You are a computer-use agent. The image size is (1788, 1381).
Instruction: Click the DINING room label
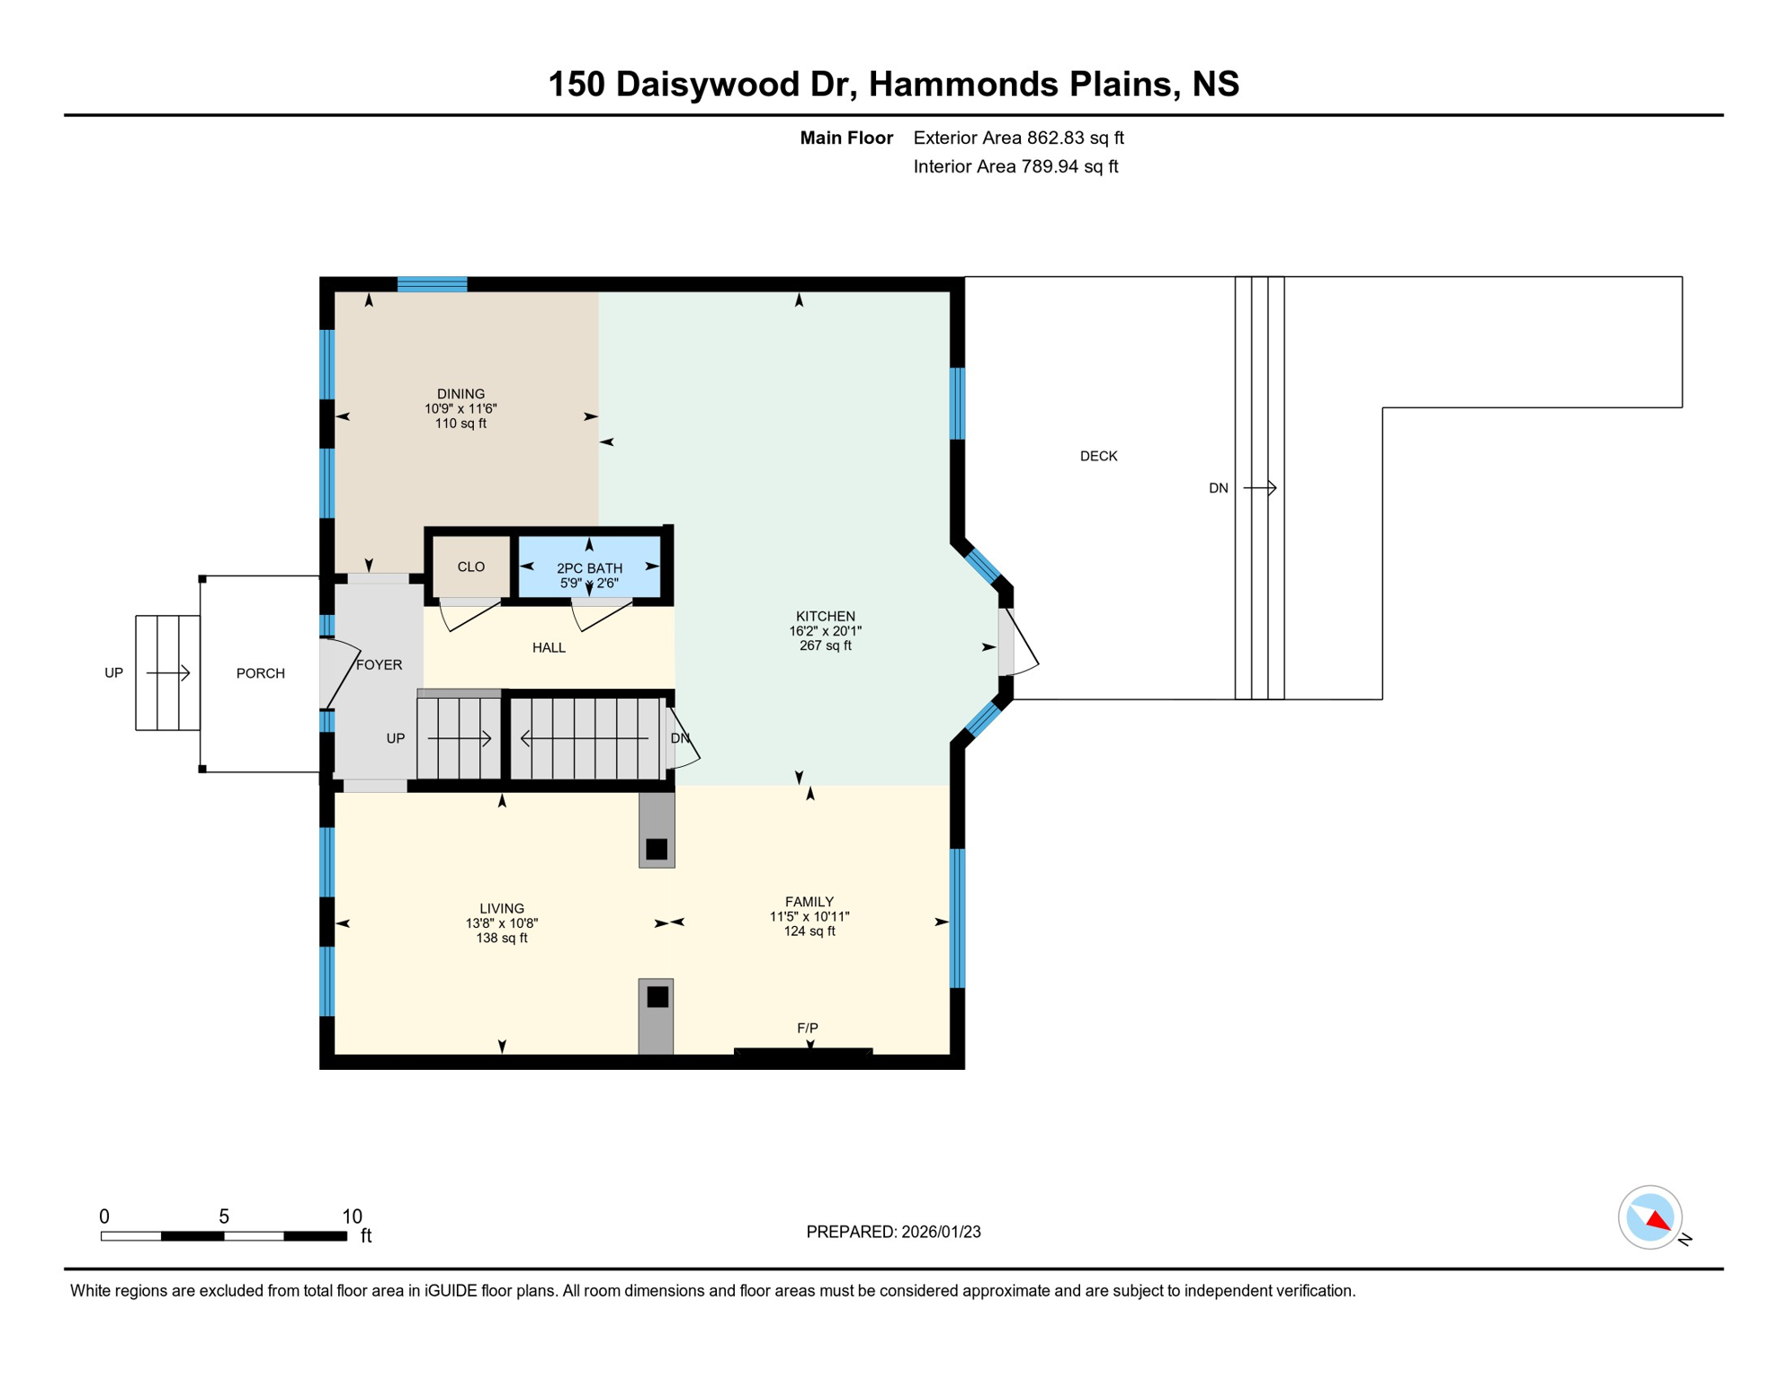coord(460,394)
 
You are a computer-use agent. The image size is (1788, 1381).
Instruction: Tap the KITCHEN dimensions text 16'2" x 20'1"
coord(825,631)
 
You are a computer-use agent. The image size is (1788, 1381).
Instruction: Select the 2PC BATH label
coord(589,568)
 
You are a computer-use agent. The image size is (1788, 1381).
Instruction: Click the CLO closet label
coord(470,566)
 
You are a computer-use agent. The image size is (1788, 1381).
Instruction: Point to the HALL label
coord(549,647)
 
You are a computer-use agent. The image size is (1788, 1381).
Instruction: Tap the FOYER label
coord(379,664)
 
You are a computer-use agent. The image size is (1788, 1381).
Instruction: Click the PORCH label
coord(260,673)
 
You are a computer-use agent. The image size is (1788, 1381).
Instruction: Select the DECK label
coord(1098,456)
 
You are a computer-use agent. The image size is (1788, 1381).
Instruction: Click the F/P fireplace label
coord(807,1028)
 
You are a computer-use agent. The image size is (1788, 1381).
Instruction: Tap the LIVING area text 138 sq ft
coord(501,938)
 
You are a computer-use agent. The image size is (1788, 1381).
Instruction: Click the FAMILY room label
coord(809,902)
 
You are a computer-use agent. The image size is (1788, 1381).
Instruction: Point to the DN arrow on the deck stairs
coord(1259,488)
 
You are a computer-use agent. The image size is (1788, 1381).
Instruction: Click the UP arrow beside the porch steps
coord(168,673)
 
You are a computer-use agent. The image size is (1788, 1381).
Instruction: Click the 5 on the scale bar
coord(224,1216)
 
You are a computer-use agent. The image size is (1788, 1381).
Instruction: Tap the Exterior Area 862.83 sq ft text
coord(1018,138)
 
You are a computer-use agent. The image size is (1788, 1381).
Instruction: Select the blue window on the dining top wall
coord(432,284)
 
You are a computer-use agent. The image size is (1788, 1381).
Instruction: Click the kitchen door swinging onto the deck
coord(1020,642)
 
